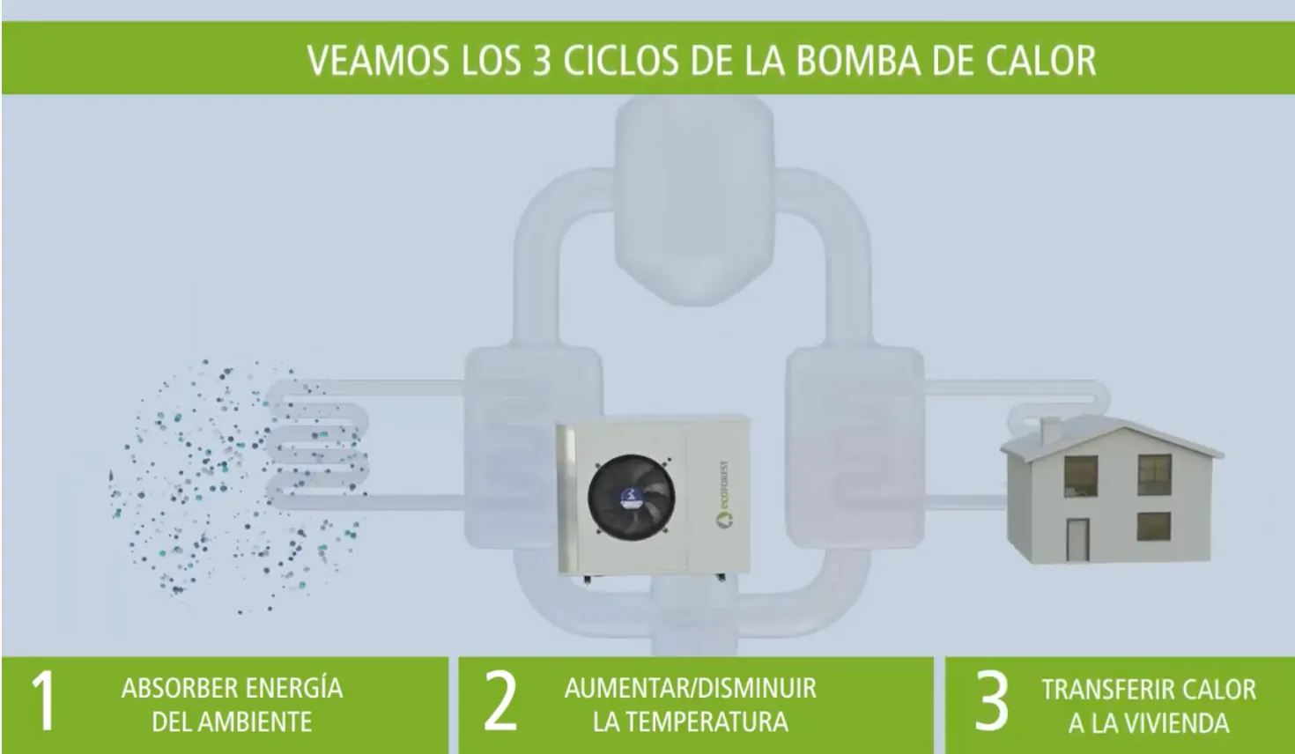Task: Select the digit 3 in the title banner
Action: click(541, 60)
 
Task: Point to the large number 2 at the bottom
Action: click(500, 701)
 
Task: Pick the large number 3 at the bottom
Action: click(991, 701)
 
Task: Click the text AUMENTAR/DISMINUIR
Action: click(691, 688)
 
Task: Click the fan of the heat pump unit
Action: click(631, 498)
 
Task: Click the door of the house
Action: click(1078, 539)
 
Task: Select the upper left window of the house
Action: click(1081, 476)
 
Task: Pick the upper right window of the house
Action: click(1155, 475)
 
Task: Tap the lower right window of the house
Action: click(1154, 527)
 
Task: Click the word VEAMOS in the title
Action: click(378, 60)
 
